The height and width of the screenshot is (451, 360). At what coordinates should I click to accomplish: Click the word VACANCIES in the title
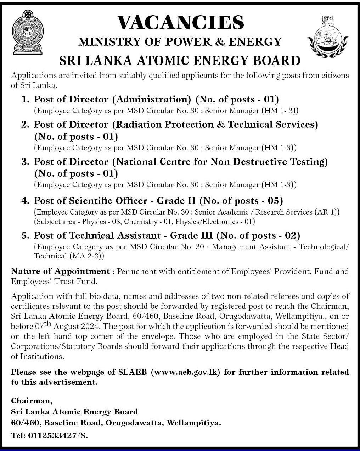180,23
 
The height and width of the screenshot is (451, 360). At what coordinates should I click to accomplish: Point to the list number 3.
25,162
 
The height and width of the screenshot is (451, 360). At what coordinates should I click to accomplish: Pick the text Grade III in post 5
192,236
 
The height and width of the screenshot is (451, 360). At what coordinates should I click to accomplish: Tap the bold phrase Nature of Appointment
60,272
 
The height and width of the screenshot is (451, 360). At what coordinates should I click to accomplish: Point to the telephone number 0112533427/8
57,435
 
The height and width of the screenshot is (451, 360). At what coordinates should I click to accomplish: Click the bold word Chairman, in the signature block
32,401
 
